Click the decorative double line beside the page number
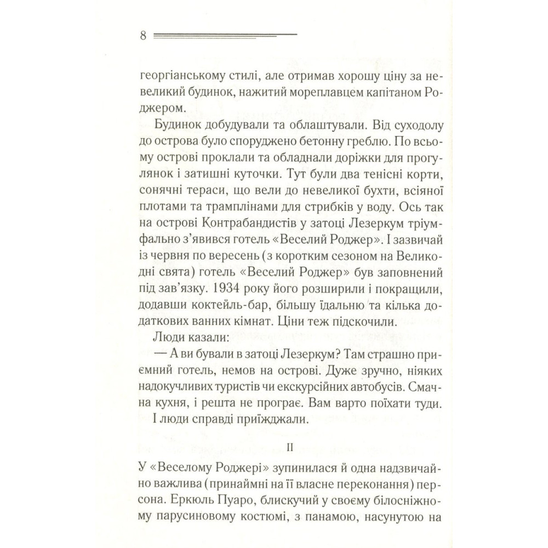pos(225,35)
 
